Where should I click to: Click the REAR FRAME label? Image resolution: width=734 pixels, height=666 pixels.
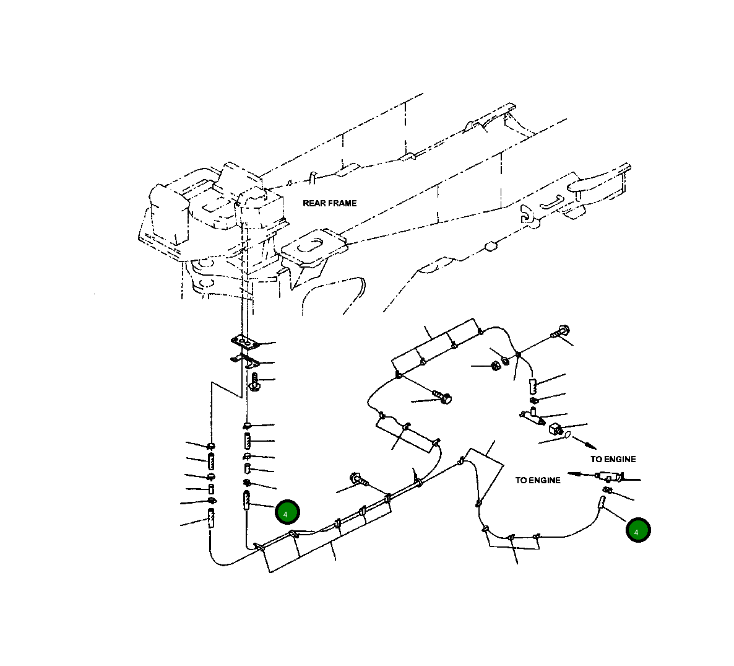tap(329, 203)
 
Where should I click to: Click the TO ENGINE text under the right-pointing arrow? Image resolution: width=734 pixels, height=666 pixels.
tap(613, 459)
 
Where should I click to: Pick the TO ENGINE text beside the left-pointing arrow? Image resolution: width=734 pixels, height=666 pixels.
tap(538, 480)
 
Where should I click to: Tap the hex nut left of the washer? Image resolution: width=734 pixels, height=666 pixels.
tap(495, 366)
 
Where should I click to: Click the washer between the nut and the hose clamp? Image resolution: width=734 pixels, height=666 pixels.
tap(506, 360)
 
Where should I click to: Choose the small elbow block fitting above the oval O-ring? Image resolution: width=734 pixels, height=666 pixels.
tap(555, 427)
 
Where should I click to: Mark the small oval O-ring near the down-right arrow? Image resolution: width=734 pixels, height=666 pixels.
tap(566, 437)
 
